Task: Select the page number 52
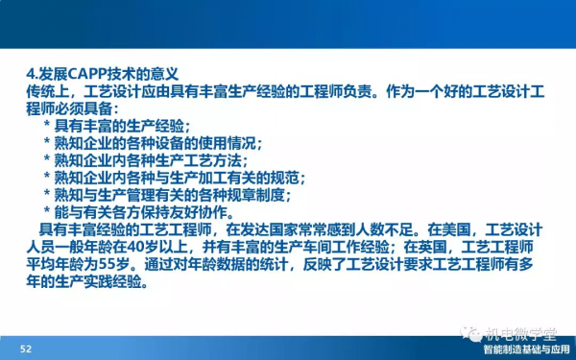(x=26, y=348)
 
